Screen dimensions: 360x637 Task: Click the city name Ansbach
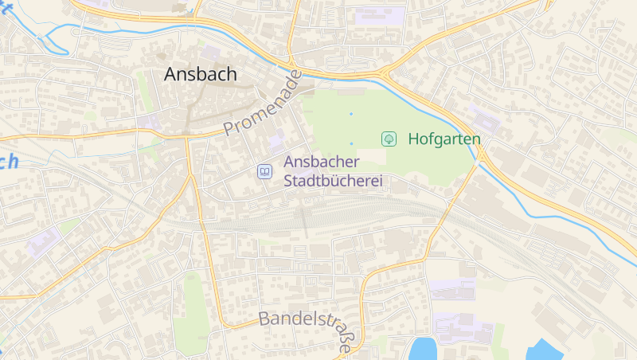(x=201, y=74)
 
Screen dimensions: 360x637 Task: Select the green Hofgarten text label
(x=444, y=139)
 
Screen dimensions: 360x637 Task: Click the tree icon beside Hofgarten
(x=389, y=139)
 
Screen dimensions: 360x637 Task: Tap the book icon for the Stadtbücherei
(x=264, y=171)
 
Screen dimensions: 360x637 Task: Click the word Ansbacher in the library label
(x=322, y=162)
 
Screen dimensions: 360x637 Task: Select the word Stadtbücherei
(x=333, y=181)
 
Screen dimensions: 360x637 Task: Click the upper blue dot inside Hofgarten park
(x=350, y=114)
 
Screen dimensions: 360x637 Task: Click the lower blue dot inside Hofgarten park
(x=351, y=143)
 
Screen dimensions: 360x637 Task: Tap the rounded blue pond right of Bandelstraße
(x=424, y=349)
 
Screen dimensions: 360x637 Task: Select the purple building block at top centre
(x=380, y=14)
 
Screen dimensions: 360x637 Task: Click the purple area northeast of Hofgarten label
(x=484, y=120)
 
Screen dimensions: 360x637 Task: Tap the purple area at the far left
(x=43, y=241)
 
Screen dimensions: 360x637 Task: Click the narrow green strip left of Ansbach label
(x=143, y=88)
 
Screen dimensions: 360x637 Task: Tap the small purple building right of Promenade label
(x=276, y=142)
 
